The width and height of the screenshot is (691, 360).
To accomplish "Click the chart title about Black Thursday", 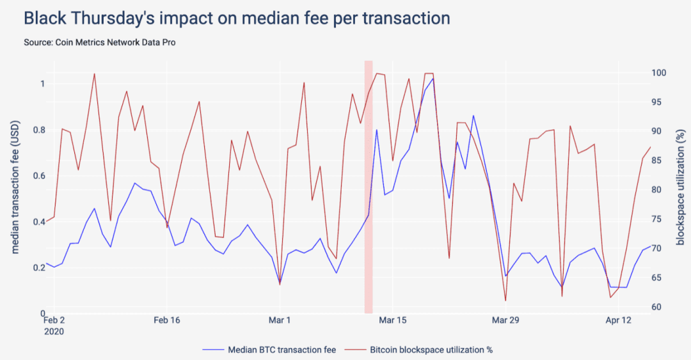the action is click(237, 19).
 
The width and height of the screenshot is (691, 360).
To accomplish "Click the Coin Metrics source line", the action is click(100, 42).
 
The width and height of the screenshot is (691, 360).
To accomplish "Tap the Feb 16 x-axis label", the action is click(166, 320).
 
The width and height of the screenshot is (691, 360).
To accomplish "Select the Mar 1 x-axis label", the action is click(280, 320).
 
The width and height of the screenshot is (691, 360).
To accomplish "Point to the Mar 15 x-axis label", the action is click(393, 320).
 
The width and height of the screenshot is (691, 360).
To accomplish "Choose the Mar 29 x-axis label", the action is click(505, 320).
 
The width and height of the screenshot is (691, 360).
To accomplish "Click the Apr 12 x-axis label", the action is click(618, 320).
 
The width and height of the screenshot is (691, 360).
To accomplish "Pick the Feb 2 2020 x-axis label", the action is click(54, 325).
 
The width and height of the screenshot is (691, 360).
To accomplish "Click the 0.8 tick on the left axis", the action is click(39, 130).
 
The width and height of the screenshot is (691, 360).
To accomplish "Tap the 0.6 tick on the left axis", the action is click(39, 176).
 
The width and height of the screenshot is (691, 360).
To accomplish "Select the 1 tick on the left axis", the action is click(42, 84).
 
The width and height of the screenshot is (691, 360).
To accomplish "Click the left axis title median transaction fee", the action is click(15, 187).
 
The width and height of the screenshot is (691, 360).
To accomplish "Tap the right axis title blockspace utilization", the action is click(680, 187).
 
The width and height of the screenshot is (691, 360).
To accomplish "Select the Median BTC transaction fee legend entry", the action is click(269, 350).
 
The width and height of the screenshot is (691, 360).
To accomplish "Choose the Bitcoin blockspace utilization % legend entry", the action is click(418, 350).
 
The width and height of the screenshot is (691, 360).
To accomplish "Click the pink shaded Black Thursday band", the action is click(369, 187).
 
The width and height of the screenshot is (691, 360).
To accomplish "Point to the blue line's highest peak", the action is click(433, 79).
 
